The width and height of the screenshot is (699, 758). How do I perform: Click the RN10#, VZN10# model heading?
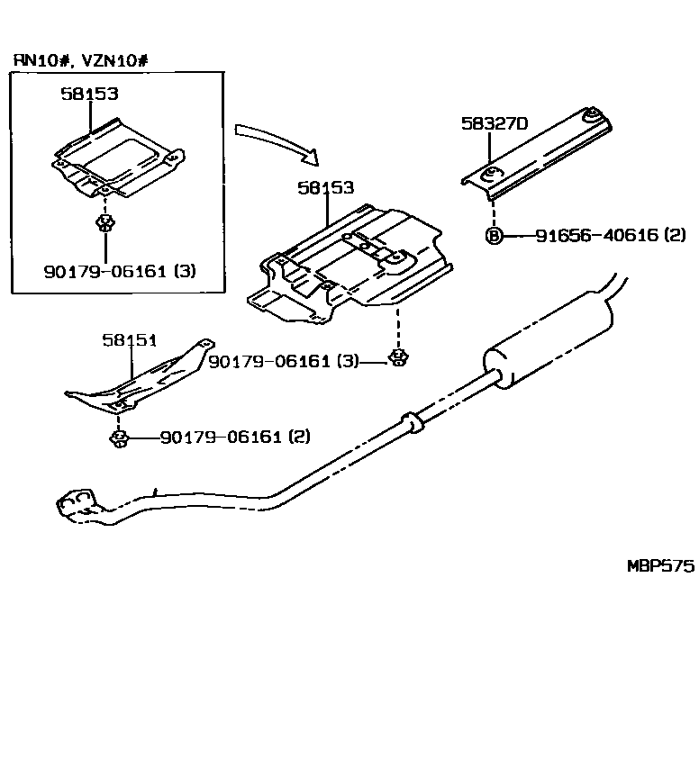79,60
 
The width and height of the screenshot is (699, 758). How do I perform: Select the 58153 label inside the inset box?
89,93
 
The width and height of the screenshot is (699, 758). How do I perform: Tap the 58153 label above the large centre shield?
325,188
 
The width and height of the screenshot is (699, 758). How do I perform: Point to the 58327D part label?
494,124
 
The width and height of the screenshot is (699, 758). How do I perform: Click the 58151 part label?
129,339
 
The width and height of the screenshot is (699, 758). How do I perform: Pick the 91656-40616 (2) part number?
610,236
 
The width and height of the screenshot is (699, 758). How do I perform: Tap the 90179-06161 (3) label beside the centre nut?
283,361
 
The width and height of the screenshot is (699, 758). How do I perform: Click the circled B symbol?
493,236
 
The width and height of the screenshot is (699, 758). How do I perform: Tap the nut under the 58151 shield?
118,438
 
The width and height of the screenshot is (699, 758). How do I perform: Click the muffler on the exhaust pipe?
549,347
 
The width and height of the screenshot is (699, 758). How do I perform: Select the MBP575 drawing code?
660,566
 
